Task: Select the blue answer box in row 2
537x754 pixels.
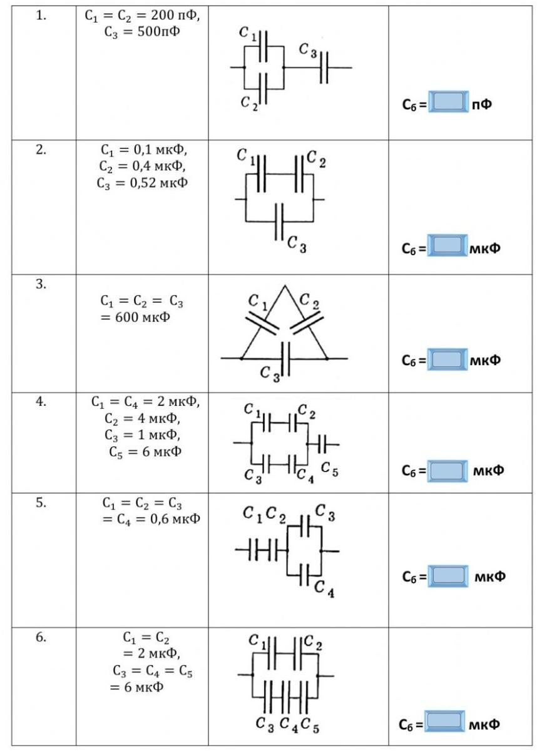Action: (447, 246)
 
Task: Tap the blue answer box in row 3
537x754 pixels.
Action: (447, 359)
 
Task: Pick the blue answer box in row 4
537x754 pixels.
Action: (447, 471)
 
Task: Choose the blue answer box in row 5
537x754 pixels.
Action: (447, 576)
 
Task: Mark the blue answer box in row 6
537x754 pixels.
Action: (445, 722)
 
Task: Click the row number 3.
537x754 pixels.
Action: (41, 284)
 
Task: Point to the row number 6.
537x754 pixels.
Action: (41, 638)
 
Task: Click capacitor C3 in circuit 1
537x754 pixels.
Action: (324, 67)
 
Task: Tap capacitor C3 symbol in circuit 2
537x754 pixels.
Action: (280, 221)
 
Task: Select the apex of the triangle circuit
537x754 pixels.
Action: (284, 286)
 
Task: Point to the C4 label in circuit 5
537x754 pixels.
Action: (324, 588)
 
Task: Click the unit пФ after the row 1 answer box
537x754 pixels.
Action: (482, 104)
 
